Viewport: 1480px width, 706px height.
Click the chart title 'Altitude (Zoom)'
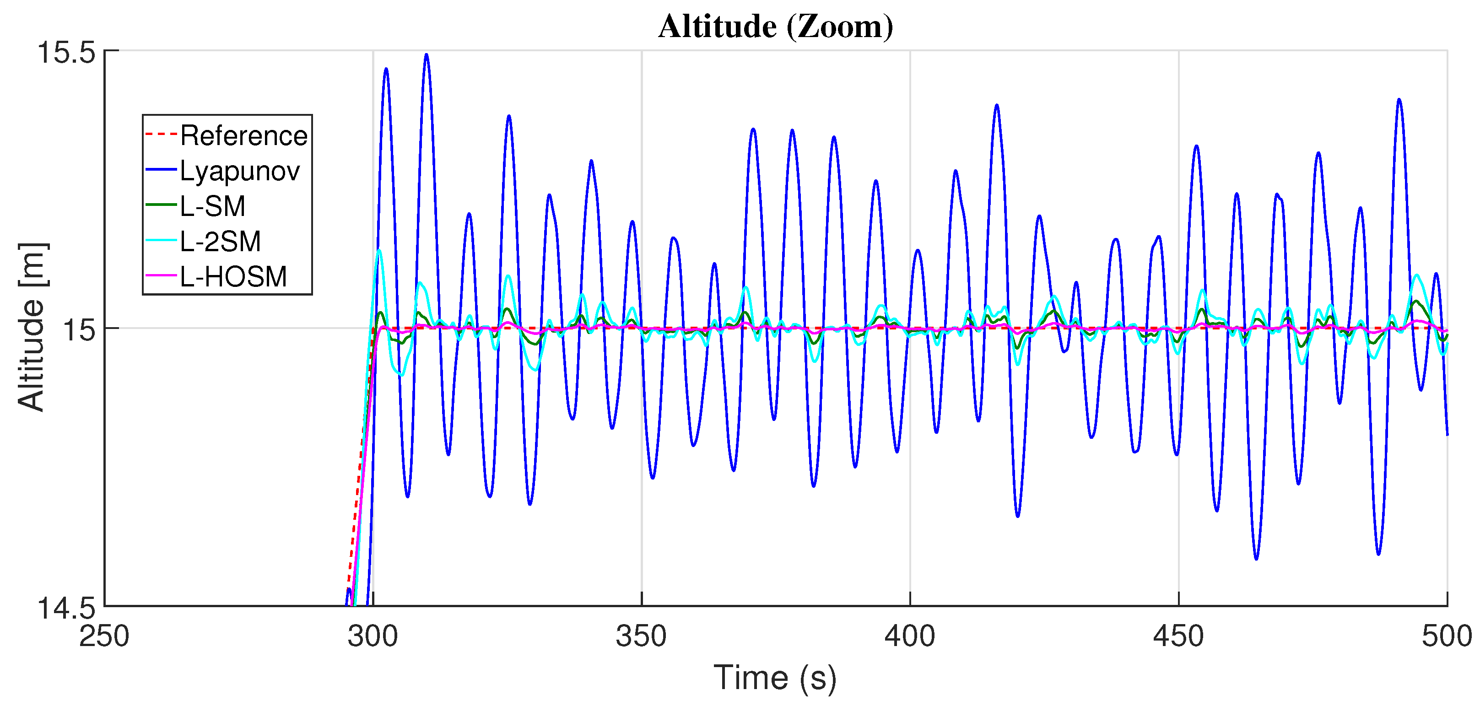coord(775,27)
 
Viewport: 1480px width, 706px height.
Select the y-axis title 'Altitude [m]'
coord(32,328)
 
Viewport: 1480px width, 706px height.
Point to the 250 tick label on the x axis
coord(104,636)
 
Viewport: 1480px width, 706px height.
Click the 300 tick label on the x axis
coord(373,636)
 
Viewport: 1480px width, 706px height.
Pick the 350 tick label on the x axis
coord(641,636)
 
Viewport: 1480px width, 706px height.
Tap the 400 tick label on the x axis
coord(910,636)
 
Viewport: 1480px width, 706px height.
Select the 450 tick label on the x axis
coord(1178,636)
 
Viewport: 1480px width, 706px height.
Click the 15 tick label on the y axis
coord(79,330)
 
